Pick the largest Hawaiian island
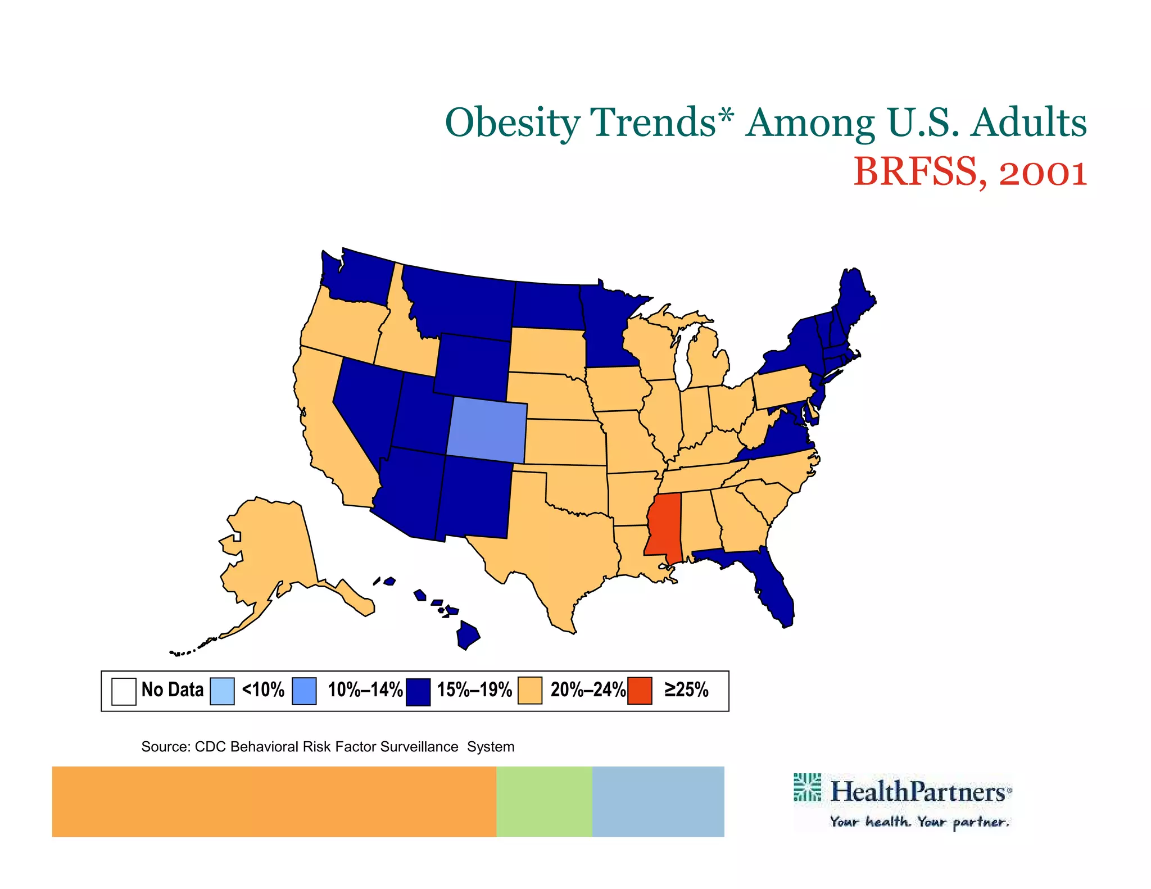468,635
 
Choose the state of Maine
854,298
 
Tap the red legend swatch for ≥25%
640,691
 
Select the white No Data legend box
124,691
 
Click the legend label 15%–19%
474,690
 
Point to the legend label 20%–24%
587,690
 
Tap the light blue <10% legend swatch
222,691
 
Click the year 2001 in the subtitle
1043,172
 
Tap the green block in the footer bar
543,801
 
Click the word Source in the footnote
165,747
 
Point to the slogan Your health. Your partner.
919,822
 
